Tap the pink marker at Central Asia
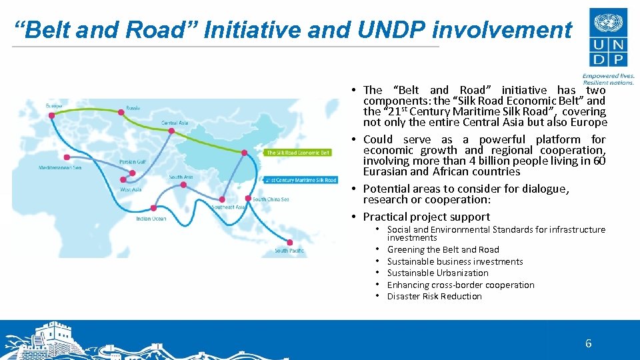click(171, 131)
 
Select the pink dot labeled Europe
click(51, 115)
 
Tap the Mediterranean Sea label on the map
click(60, 167)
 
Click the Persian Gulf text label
click(132, 162)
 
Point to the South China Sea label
click(271, 199)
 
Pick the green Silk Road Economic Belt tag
click(297, 153)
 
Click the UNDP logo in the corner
click(607, 38)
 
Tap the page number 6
click(588, 344)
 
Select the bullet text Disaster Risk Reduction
click(434, 297)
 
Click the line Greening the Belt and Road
click(443, 250)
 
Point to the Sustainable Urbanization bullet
click(437, 273)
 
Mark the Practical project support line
click(426, 217)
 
